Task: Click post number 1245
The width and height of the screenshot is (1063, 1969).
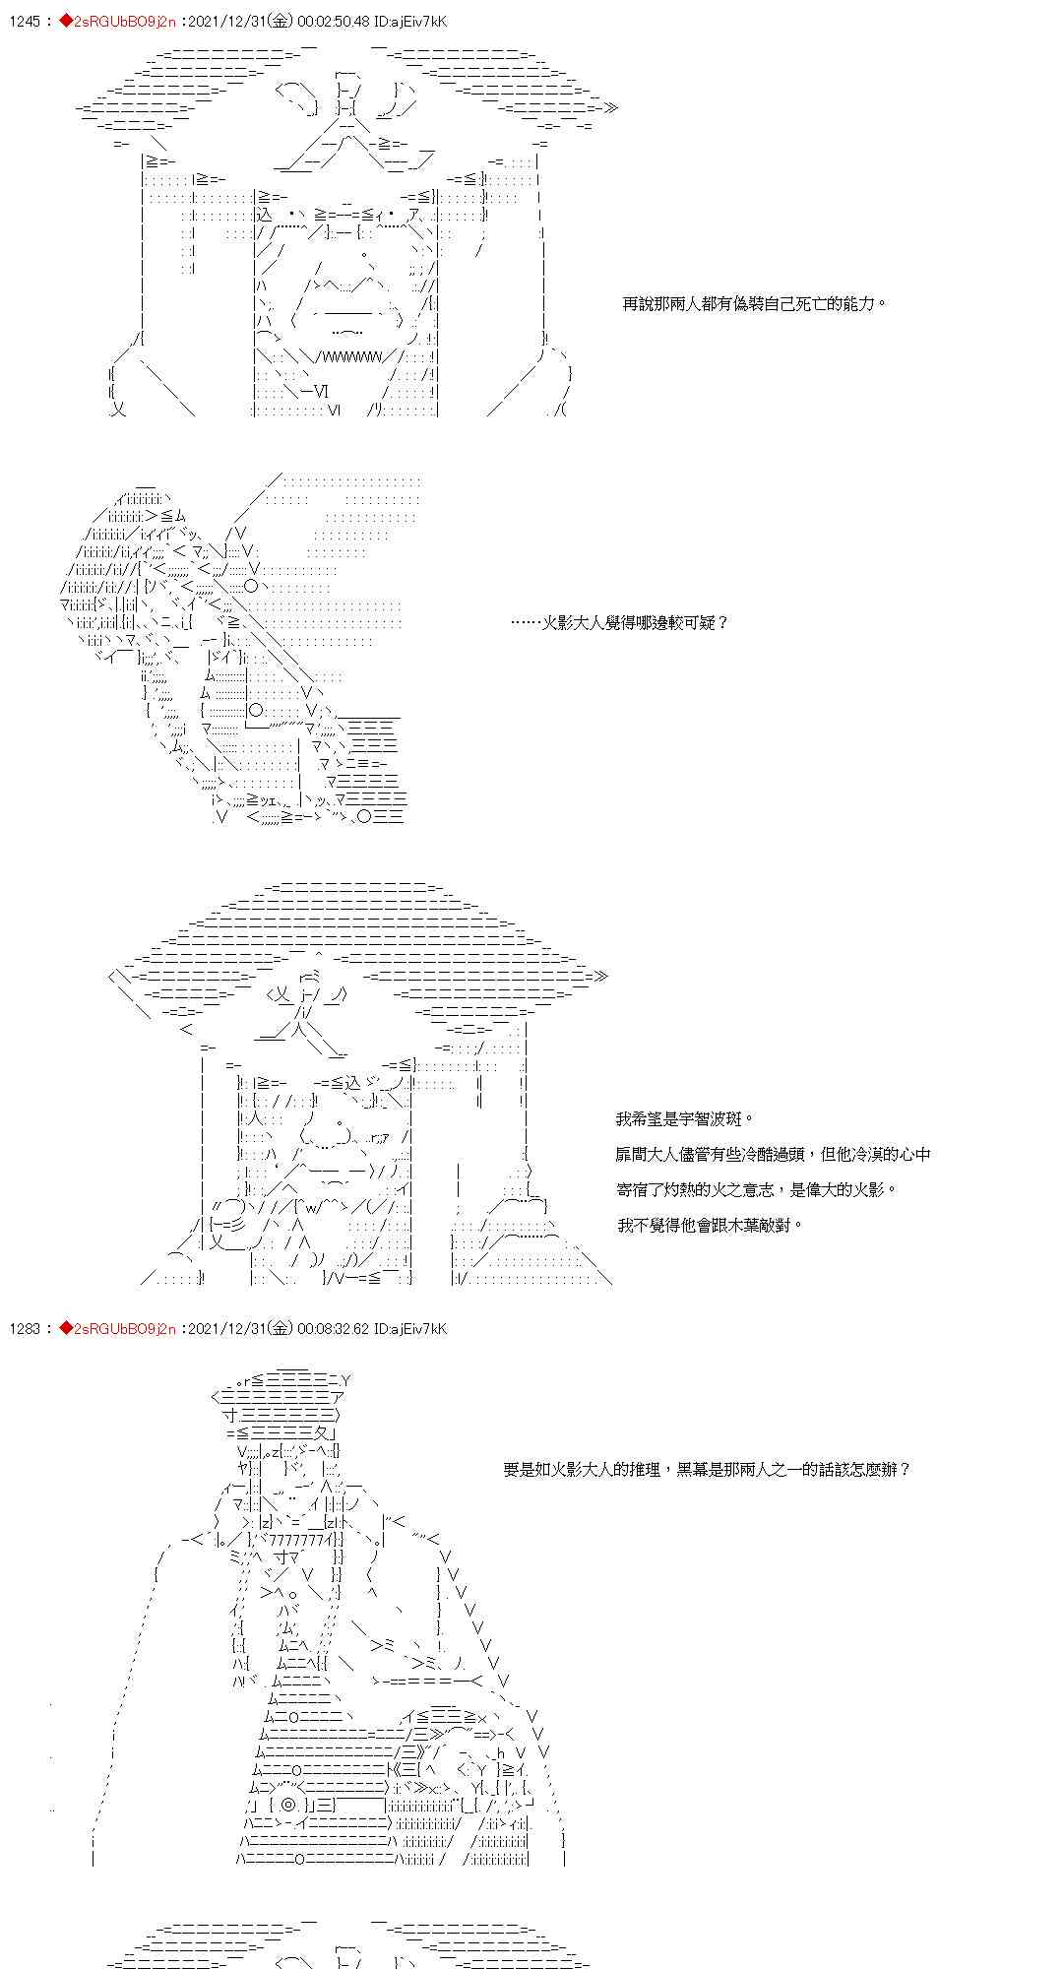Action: tap(25, 21)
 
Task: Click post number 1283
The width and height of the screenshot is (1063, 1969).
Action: tap(25, 1328)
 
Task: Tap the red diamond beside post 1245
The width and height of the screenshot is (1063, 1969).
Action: tap(66, 21)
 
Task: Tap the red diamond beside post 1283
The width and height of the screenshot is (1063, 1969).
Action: tap(66, 1328)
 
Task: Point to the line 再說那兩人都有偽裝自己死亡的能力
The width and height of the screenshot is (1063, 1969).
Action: tap(755, 304)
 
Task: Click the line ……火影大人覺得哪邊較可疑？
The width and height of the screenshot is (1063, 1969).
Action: tap(620, 622)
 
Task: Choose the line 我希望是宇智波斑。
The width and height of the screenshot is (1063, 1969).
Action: tap(685, 1118)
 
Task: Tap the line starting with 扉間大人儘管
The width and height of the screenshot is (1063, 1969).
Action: tap(773, 1154)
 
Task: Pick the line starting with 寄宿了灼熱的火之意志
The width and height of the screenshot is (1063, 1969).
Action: tap(757, 1189)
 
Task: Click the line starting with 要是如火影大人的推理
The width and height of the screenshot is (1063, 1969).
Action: tap(708, 1469)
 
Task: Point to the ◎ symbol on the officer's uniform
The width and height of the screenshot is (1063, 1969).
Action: tap(287, 1805)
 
